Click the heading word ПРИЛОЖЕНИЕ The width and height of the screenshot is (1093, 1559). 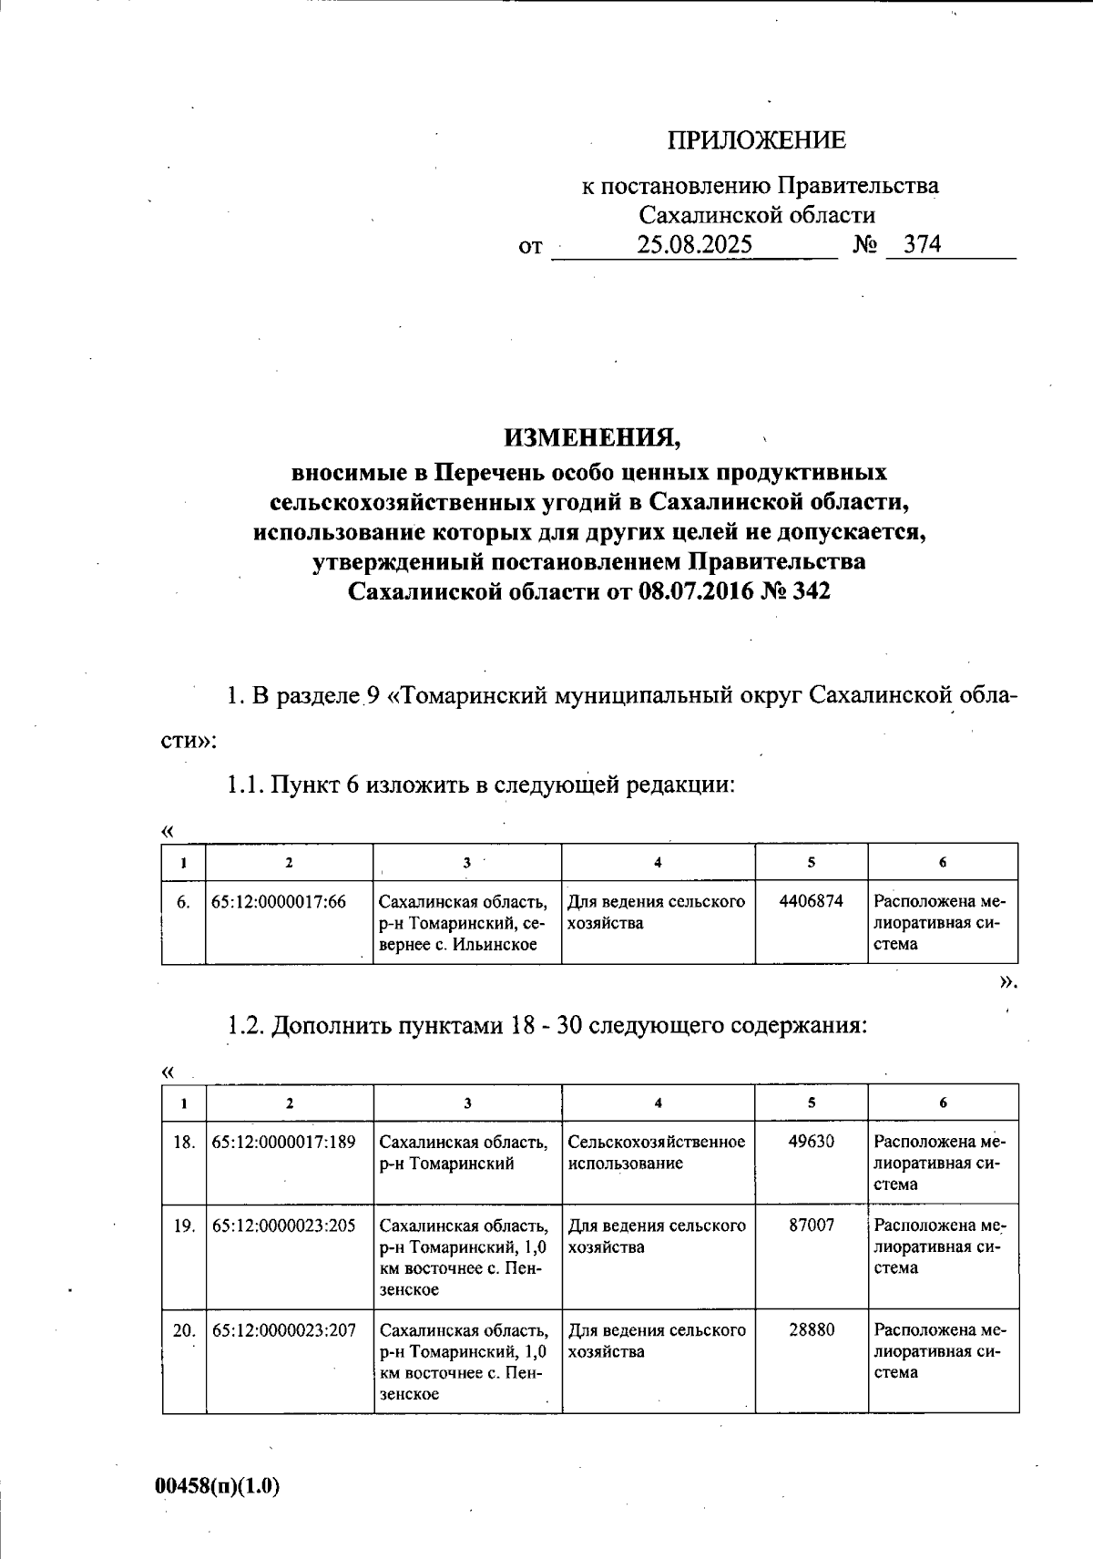coord(756,140)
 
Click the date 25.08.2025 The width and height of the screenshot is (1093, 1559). coord(694,245)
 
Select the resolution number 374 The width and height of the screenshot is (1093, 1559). coord(922,245)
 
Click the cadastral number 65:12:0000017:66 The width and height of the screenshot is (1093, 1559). coord(279,902)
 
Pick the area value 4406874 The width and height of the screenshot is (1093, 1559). coord(811,901)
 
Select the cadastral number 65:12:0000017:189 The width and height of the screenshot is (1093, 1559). coord(283,1142)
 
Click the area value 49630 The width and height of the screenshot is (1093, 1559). coord(811,1142)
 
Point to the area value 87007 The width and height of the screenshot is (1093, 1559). coord(811,1226)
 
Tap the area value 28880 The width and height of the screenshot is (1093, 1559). coord(811,1330)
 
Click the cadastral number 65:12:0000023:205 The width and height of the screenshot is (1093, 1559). coord(283,1226)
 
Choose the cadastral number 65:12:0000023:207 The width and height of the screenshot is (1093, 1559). coord(283,1331)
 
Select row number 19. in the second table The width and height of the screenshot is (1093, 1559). coord(184,1226)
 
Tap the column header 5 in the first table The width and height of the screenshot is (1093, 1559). coord(811,863)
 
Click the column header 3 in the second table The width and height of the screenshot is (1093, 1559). coord(467,1103)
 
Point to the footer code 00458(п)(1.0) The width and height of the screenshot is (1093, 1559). coord(218,1486)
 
